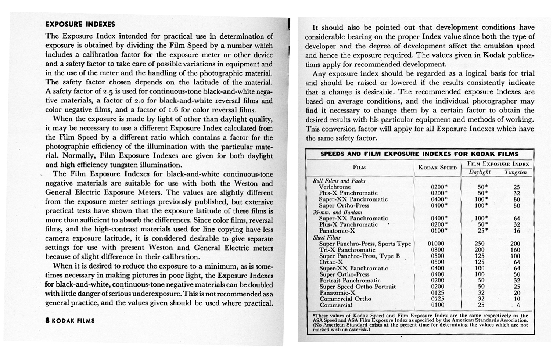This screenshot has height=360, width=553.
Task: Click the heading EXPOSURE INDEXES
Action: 80,25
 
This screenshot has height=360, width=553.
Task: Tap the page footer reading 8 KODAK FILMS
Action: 70,321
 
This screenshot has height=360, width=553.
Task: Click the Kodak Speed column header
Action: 437,168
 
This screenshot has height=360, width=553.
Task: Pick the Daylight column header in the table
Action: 480,172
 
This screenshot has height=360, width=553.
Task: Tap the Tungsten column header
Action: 516,172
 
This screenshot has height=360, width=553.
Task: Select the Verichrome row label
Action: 335,187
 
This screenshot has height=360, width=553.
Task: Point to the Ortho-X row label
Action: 331,262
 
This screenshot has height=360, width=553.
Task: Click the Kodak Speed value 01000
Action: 436,244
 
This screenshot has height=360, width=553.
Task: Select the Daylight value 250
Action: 480,244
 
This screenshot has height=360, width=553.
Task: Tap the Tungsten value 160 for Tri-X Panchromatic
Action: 515,250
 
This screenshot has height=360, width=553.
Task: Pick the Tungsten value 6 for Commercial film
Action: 518,305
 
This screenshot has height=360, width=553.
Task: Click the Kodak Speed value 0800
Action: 437,250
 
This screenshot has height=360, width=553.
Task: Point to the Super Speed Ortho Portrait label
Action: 357,287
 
